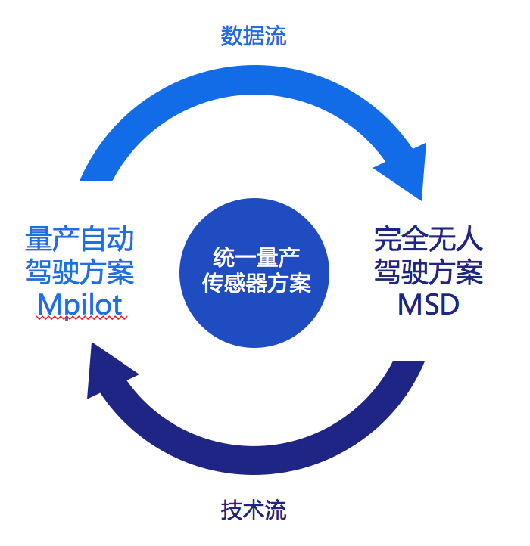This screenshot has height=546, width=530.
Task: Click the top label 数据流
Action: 254,36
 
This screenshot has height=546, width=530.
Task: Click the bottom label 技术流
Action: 254,510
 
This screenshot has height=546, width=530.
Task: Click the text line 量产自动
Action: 80,240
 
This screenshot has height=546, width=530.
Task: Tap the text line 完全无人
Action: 429,240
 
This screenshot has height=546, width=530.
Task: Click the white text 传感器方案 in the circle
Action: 257,284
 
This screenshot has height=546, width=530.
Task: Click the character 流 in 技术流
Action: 276,510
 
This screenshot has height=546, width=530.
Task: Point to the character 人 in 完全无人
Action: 469,240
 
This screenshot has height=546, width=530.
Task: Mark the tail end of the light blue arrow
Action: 97,172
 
